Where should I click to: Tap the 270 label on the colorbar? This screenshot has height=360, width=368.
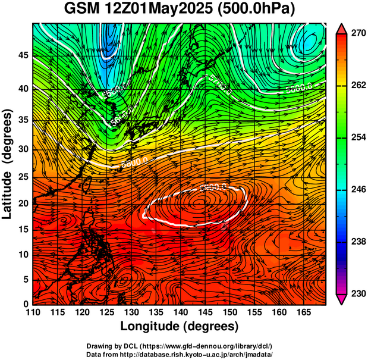pos(357,33)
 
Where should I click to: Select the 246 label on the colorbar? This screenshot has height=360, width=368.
pos(357,189)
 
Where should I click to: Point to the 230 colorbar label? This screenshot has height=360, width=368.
pos(357,293)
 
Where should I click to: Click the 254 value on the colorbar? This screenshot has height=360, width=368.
pos(357,137)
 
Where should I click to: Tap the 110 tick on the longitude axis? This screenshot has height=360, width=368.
pos(33,312)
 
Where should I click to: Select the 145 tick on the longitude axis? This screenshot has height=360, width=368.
pos(205,312)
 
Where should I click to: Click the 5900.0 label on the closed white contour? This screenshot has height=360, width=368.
pos(213,188)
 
